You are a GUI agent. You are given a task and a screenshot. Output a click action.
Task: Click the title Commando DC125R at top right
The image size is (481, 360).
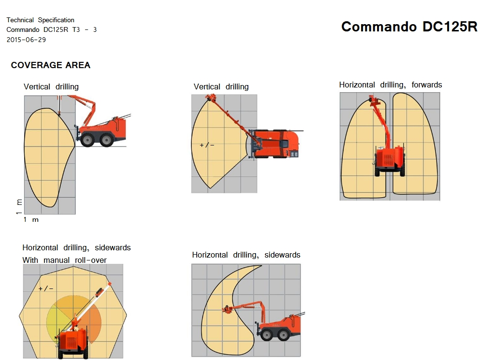(x=409, y=27)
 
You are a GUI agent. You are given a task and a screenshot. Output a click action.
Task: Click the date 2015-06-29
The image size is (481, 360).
(x=26, y=40)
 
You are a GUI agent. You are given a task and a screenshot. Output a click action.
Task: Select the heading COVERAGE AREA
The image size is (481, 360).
(x=51, y=65)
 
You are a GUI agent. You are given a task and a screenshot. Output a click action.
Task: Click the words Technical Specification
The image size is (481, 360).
(x=40, y=20)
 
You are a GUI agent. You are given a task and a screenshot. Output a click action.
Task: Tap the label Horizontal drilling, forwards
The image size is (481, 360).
(x=391, y=85)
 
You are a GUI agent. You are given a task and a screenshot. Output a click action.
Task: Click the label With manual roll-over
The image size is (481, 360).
(x=64, y=260)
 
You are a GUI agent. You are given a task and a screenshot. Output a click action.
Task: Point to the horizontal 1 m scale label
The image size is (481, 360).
(x=31, y=219)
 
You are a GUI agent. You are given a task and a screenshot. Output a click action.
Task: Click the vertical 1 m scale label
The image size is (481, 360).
(x=19, y=206)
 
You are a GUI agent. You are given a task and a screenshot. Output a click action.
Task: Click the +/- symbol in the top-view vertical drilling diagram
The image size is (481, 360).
(x=207, y=145)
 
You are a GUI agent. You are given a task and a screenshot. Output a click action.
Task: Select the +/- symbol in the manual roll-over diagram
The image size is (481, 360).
(x=46, y=288)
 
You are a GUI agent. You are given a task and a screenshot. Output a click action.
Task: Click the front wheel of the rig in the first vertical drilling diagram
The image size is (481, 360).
(x=87, y=140)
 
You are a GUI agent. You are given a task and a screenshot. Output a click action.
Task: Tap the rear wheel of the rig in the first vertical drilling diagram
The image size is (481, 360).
(x=106, y=140)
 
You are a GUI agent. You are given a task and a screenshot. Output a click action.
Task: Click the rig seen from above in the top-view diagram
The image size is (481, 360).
(x=275, y=144)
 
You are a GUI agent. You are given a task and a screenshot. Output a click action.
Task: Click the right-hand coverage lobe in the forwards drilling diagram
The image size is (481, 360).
(x=415, y=144)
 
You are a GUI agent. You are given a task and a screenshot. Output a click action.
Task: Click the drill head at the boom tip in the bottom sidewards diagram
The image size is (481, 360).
(x=228, y=309)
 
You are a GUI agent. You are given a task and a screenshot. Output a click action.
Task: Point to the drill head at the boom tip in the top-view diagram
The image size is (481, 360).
(x=211, y=99)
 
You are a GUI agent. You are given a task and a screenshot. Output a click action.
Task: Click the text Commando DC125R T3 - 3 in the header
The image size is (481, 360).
(x=52, y=30)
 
